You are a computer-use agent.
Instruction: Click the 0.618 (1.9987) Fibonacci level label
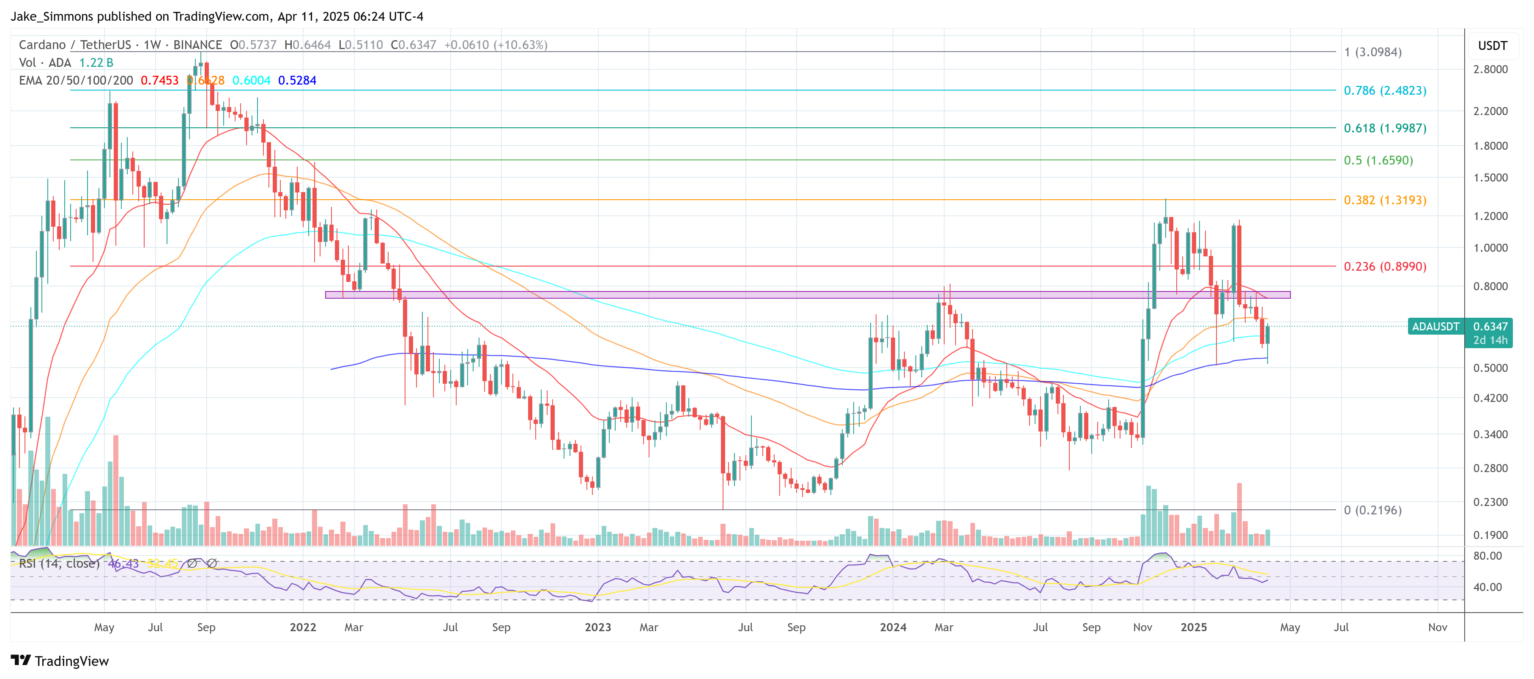click(1384, 128)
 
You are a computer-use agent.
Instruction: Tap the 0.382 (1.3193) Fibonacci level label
click(1384, 200)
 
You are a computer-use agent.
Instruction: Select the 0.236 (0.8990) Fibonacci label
click(1384, 266)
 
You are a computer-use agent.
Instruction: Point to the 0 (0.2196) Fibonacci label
click(1372, 510)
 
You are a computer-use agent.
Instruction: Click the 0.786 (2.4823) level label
click(1384, 91)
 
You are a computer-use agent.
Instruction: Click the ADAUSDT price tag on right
click(1435, 327)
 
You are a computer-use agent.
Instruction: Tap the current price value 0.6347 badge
click(1490, 327)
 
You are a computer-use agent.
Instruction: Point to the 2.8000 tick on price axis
click(1490, 69)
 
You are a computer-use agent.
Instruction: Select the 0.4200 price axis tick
click(1490, 398)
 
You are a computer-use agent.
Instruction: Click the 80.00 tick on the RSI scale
click(1487, 556)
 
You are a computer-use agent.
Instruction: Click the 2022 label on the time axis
click(302, 627)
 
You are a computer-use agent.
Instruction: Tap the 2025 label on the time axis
click(1193, 627)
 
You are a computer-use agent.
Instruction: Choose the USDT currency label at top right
click(1492, 46)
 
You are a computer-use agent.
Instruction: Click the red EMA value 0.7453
click(159, 80)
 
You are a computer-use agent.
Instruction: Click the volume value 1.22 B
click(96, 63)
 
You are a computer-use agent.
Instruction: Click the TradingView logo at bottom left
click(60, 661)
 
